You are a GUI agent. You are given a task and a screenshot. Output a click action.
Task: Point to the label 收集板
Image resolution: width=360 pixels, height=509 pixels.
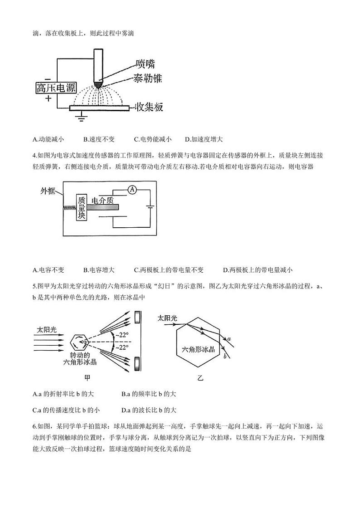tap(149, 108)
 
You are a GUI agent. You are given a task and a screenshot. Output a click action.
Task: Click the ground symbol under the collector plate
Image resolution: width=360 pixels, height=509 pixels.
tap(82, 118)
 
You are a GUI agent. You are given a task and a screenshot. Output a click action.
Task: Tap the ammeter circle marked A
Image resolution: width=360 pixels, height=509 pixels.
tap(131, 190)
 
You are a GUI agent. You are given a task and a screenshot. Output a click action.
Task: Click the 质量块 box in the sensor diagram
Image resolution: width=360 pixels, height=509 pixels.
tap(81, 207)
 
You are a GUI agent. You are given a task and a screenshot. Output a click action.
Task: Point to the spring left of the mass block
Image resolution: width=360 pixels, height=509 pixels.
tap(68, 207)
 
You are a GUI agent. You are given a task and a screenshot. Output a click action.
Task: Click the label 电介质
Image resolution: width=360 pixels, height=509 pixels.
tap(102, 200)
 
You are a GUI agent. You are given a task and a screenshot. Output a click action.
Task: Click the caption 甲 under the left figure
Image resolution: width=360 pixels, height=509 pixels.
tap(88, 377)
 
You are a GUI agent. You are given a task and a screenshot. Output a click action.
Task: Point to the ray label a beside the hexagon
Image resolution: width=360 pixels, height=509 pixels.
tap(229, 338)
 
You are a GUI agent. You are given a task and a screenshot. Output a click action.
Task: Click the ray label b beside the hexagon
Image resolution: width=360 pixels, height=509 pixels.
tap(225, 357)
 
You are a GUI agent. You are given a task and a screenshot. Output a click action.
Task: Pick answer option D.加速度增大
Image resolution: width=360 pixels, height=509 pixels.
tap(204, 139)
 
